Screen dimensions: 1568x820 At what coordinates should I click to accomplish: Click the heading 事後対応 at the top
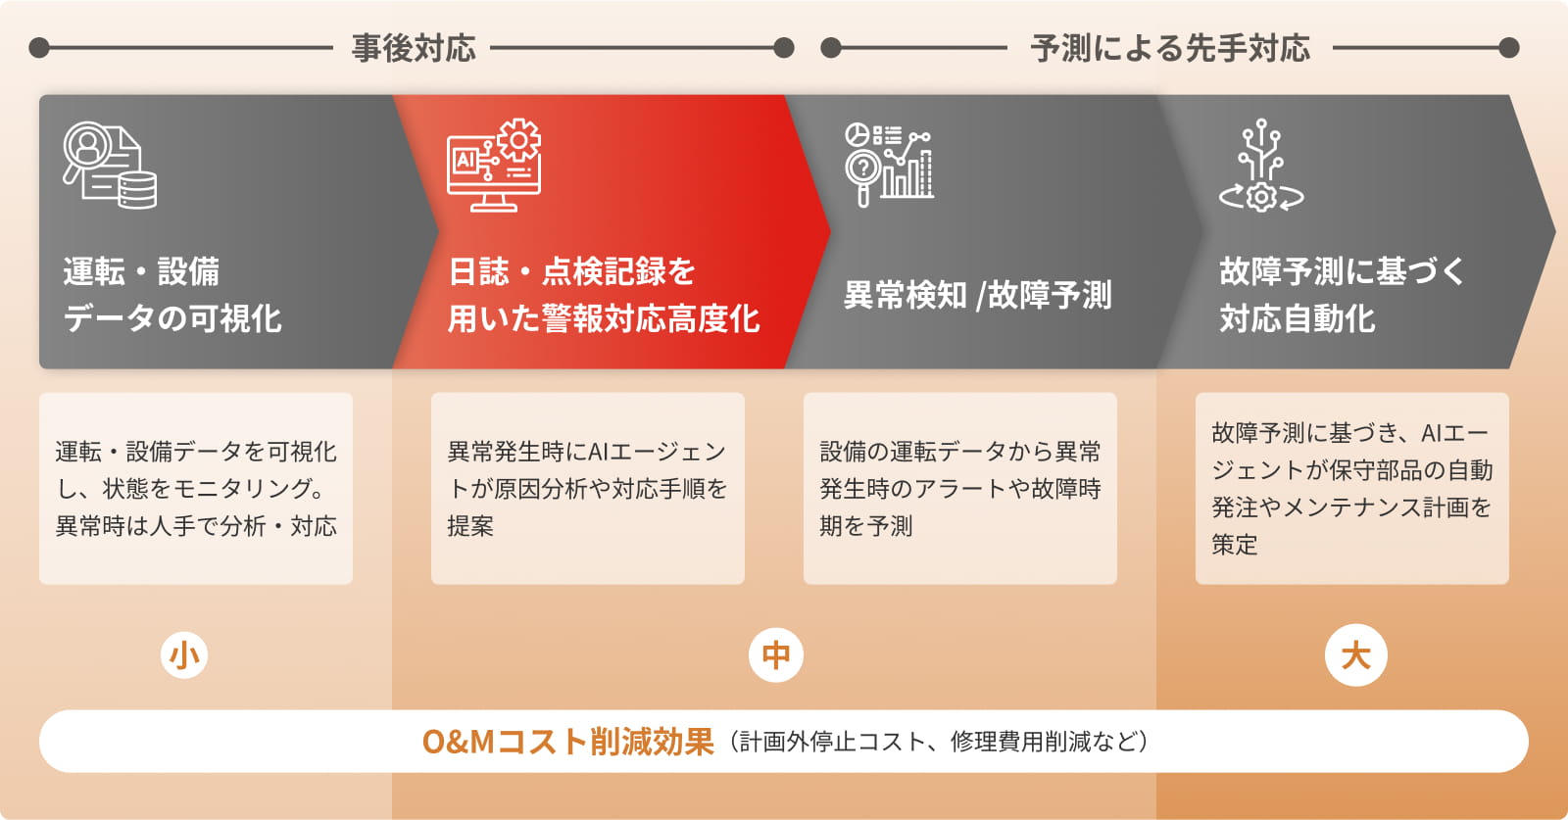pos(414,48)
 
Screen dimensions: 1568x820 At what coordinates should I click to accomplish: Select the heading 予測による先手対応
pos(1170,48)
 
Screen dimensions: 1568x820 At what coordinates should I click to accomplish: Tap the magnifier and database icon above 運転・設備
pos(110,166)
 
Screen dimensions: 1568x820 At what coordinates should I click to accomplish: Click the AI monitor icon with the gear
pos(494,166)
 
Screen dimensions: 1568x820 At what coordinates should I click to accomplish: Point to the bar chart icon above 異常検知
pos(889,166)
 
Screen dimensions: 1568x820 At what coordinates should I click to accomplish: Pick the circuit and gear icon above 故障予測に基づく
pos(1261,166)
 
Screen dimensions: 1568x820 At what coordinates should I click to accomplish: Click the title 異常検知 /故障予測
pos(977,295)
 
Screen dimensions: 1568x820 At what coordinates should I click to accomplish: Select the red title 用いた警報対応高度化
pos(604,319)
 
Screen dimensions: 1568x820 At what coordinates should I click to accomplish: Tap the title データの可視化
pos(172,319)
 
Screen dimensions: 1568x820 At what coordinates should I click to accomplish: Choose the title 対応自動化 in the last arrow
pos(1298,319)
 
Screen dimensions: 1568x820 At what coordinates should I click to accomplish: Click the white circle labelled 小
pos(184,655)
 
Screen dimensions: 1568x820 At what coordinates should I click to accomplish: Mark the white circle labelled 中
pos(775,655)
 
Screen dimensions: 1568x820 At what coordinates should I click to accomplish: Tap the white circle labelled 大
pos(1356,655)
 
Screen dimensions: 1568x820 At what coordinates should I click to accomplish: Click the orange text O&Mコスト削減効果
pos(567,742)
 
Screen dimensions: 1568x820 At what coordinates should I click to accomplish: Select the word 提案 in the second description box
pos(470,526)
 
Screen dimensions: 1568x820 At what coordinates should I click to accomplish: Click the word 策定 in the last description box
pos(1235,545)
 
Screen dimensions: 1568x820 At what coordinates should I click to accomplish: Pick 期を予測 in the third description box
pos(866,526)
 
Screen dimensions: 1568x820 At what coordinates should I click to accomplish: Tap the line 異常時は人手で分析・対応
pos(196,526)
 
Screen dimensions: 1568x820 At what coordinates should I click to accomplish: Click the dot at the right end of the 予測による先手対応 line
pos(1509,48)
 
